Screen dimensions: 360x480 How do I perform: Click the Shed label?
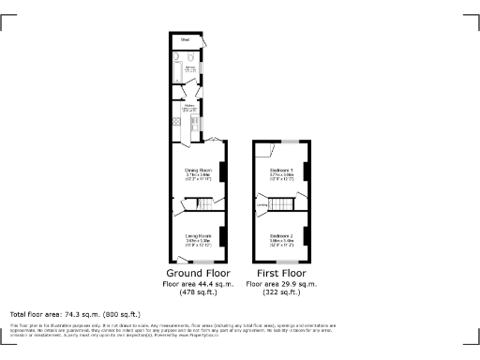pyautogui.click(x=186, y=40)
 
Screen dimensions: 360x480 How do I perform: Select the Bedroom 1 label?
pyautogui.click(x=282, y=171)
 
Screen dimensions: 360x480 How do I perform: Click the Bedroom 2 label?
pyautogui.click(x=282, y=236)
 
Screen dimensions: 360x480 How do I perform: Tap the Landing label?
pyautogui.click(x=263, y=204)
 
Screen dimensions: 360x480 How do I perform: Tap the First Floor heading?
pyautogui.click(x=282, y=273)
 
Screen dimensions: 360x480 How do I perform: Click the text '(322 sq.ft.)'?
pyautogui.click(x=282, y=292)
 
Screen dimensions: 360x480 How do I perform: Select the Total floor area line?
pyautogui.click(x=75, y=314)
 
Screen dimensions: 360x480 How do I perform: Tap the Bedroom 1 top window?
pyautogui.click(x=292, y=142)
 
